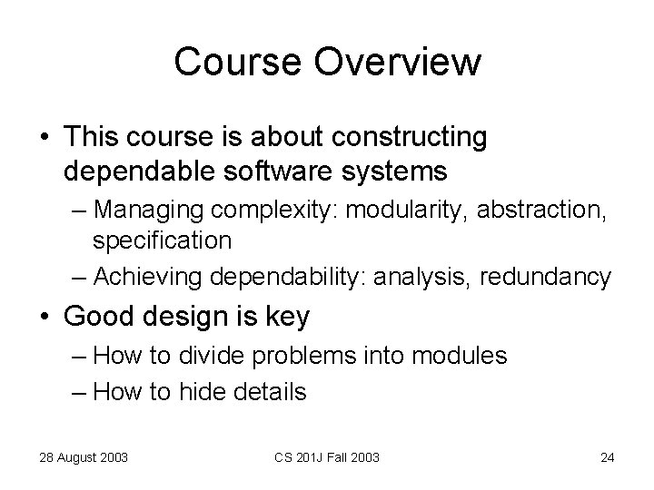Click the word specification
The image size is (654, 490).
[x=162, y=240]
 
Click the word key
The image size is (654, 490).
[x=290, y=317]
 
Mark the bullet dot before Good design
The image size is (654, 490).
[x=45, y=318]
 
